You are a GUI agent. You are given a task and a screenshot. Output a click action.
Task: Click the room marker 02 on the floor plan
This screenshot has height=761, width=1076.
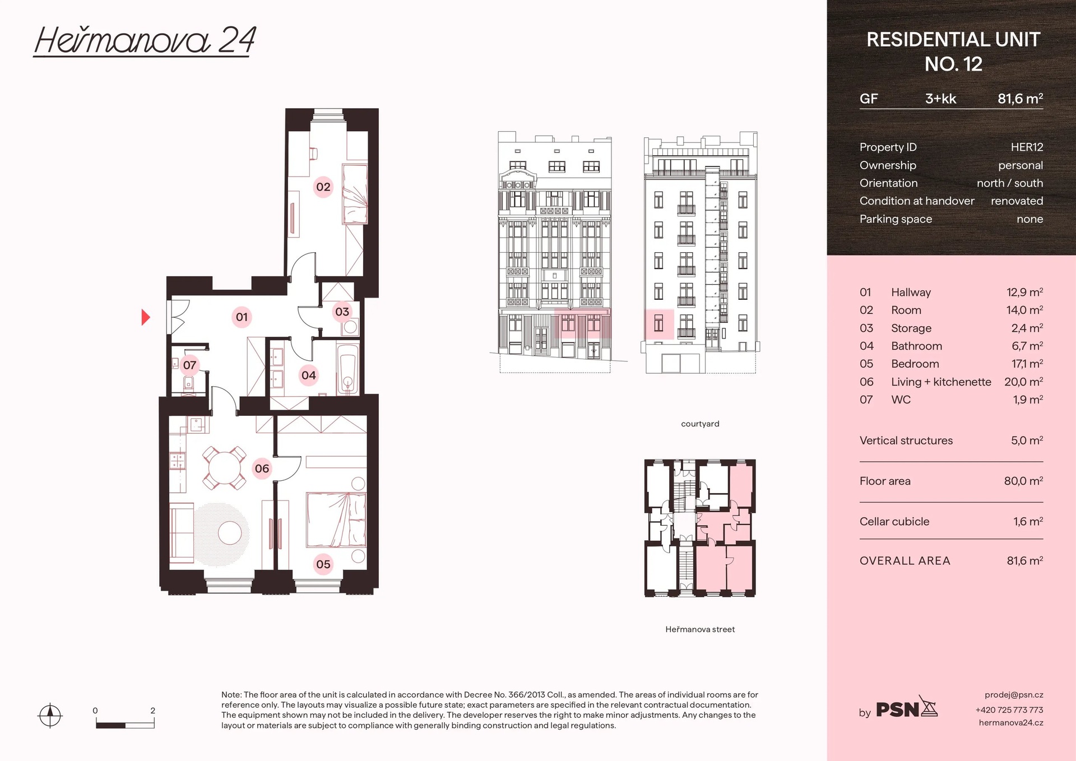click(x=323, y=187)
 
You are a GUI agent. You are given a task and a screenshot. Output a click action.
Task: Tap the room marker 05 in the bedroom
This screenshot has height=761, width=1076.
click(x=323, y=564)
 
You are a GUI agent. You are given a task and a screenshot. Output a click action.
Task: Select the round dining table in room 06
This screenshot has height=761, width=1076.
click(x=224, y=468)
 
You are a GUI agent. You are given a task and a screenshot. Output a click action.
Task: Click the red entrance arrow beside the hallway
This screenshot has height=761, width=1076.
click(x=146, y=317)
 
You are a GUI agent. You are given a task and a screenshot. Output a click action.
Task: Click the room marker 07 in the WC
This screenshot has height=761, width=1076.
click(x=189, y=365)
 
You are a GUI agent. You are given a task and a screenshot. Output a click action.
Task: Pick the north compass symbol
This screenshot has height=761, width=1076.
click(x=50, y=715)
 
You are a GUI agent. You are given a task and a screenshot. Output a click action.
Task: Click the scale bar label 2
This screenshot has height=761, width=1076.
click(x=152, y=710)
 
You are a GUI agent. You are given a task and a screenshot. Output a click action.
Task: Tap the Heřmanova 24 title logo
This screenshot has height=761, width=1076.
click(x=145, y=41)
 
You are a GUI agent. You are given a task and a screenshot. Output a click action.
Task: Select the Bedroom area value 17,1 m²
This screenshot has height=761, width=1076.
click(x=1027, y=364)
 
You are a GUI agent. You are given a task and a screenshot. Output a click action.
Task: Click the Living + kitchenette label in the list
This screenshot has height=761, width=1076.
click(x=941, y=382)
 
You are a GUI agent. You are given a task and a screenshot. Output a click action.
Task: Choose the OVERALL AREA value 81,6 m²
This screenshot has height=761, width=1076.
click(x=1024, y=560)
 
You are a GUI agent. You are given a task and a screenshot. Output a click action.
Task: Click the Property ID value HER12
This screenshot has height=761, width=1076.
click(x=1027, y=147)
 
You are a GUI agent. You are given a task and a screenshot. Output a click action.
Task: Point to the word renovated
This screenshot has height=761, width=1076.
click(x=1017, y=201)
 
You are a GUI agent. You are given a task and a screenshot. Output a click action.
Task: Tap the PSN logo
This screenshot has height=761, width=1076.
click(x=906, y=708)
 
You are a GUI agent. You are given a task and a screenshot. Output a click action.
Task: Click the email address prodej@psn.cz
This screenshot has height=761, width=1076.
click(x=1013, y=694)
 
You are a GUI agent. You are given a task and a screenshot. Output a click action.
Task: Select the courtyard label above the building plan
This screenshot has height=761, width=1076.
click(x=700, y=424)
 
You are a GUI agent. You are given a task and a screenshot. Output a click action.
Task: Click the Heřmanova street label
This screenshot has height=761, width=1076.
click(x=700, y=629)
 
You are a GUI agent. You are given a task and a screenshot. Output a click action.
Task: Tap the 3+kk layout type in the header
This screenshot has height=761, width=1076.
click(x=940, y=99)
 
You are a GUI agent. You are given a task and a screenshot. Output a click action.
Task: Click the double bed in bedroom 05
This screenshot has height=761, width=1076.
click(x=336, y=519)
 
